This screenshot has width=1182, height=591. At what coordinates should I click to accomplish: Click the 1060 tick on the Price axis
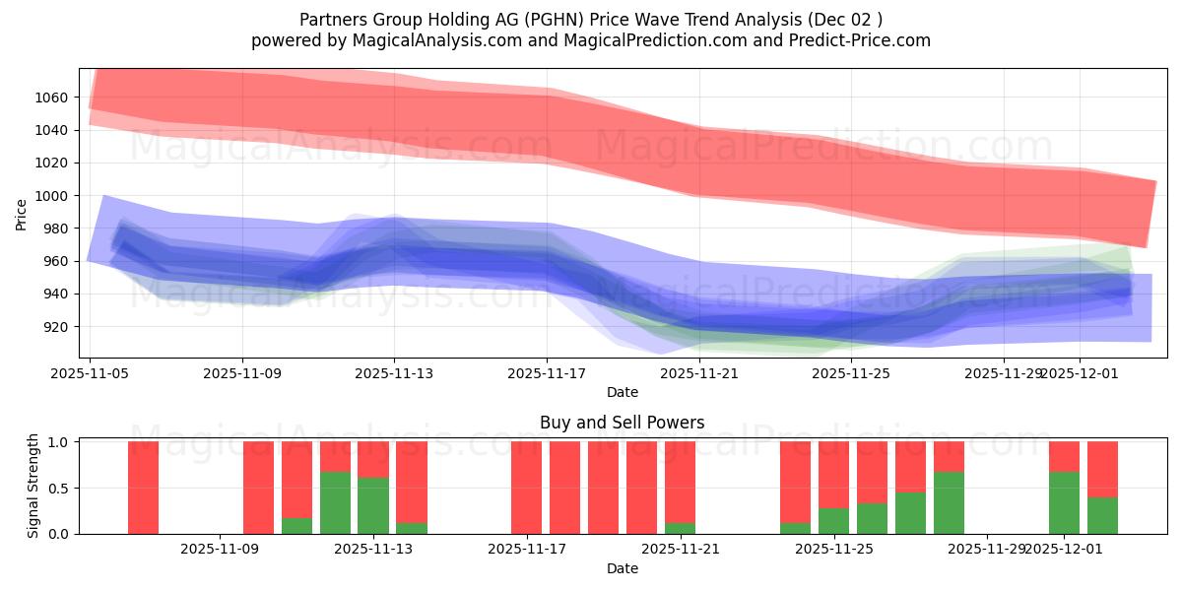click(53, 98)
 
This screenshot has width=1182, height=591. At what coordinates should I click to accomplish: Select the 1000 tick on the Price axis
click(53, 196)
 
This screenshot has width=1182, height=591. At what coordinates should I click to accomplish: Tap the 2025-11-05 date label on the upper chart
click(90, 373)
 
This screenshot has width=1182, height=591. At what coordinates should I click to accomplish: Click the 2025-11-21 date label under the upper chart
click(698, 373)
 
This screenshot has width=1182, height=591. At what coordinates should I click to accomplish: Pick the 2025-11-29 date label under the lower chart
click(986, 550)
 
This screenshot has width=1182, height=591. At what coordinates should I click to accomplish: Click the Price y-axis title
click(22, 214)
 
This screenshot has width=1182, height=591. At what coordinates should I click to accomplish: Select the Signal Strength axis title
click(33, 487)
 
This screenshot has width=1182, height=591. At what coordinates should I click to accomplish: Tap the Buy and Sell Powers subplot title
click(622, 423)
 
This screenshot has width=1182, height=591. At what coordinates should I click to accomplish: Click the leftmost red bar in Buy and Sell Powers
click(143, 488)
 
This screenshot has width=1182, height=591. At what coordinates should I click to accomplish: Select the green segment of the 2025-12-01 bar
click(1064, 503)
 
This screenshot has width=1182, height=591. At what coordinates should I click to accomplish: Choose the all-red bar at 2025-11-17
click(526, 488)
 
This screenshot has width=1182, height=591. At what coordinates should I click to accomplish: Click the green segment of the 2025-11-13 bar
click(373, 505)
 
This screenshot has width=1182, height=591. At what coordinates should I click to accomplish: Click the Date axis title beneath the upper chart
click(622, 392)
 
